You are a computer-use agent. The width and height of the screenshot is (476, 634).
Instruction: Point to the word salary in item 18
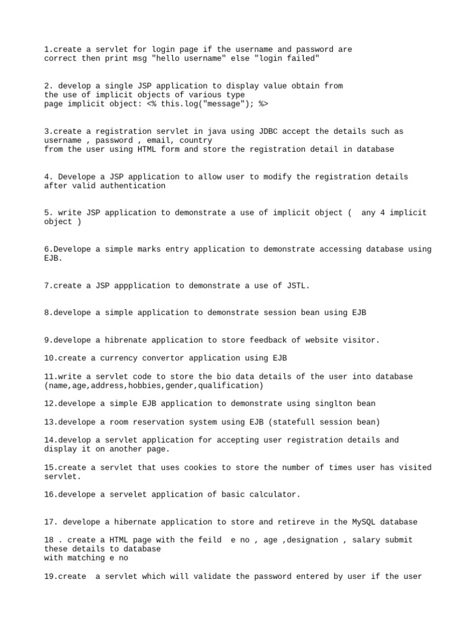366,540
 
